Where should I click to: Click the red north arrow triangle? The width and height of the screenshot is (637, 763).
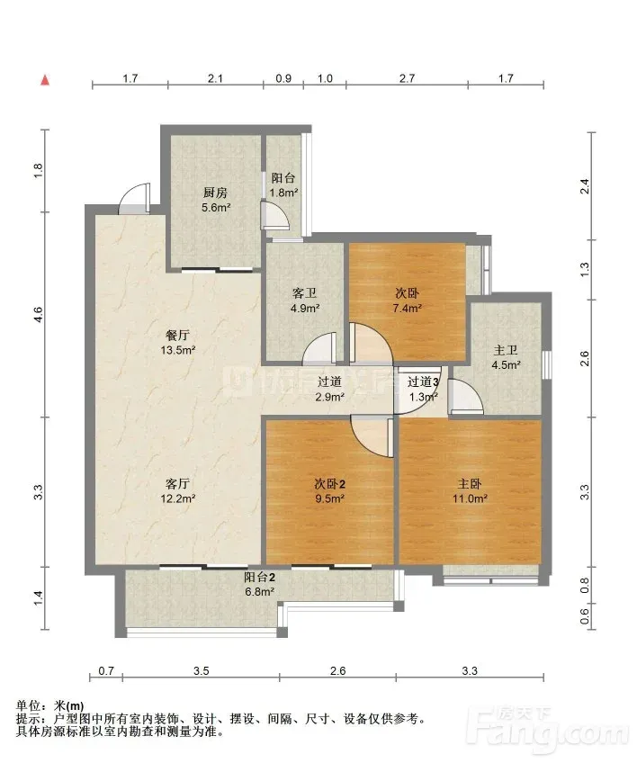pyautogui.click(x=45, y=80)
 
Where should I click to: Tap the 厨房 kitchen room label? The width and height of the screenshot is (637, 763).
pyautogui.click(x=215, y=193)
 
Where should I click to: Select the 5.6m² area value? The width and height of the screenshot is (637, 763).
pyautogui.click(x=216, y=207)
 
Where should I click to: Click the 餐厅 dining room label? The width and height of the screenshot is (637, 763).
pyautogui.click(x=177, y=336)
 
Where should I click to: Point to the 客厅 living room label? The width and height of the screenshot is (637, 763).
pyautogui.click(x=177, y=484)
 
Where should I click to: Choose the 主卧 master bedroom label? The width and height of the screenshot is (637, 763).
pyautogui.click(x=470, y=484)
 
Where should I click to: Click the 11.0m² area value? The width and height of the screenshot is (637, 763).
pyautogui.click(x=470, y=498)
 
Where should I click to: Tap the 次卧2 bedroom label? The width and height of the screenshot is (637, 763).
pyautogui.click(x=330, y=484)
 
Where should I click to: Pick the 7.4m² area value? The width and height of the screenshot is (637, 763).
pyautogui.click(x=408, y=308)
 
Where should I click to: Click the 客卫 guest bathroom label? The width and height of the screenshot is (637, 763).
pyautogui.click(x=305, y=293)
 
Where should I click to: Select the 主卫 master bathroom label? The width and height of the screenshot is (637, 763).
pyautogui.click(x=506, y=350)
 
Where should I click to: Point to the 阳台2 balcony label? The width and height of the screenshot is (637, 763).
pyautogui.click(x=260, y=577)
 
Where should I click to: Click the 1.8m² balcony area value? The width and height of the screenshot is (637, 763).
pyautogui.click(x=284, y=193)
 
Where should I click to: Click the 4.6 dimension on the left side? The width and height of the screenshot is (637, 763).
pyautogui.click(x=39, y=314)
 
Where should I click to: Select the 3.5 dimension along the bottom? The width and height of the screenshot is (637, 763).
pyautogui.click(x=201, y=671)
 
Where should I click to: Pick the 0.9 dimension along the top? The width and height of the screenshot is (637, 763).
pyautogui.click(x=283, y=78)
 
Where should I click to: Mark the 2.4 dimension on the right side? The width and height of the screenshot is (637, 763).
pyautogui.click(x=585, y=186)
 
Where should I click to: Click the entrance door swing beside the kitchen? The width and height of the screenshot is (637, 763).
pyautogui.click(x=134, y=198)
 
